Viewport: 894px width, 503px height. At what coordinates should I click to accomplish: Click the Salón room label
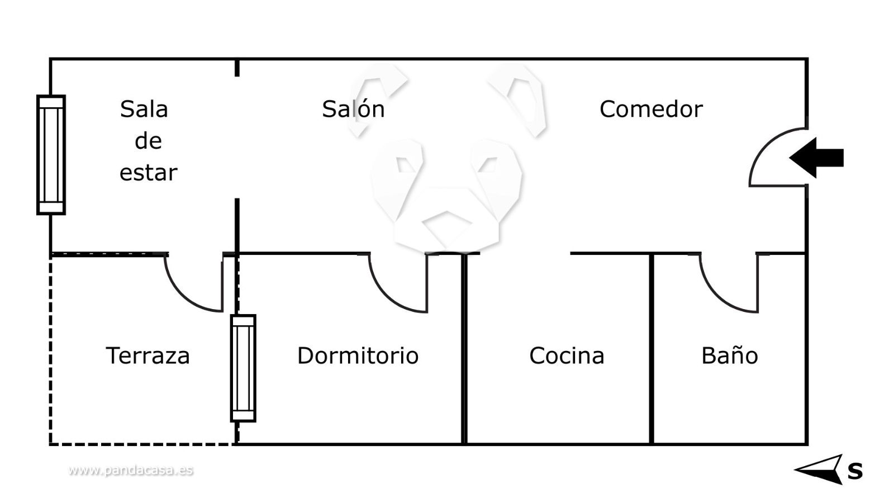point(353,109)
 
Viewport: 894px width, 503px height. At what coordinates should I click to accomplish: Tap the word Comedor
point(650,109)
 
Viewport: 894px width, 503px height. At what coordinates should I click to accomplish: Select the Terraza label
point(148,355)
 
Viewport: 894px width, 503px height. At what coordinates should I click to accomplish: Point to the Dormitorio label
point(358,355)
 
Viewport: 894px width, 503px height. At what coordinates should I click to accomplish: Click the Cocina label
point(567,355)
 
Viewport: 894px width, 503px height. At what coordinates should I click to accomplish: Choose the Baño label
point(729,355)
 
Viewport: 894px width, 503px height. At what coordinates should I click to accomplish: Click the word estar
point(148,173)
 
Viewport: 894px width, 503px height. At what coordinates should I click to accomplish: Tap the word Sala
point(144,109)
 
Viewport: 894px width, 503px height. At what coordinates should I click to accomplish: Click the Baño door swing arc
point(721,293)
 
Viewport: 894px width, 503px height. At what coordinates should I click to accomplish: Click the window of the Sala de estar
point(51,155)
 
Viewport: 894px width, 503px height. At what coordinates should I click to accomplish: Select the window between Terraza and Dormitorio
point(243,368)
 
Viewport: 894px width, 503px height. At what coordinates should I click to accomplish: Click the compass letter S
point(855,471)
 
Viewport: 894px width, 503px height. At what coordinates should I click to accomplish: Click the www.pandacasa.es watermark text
point(131,470)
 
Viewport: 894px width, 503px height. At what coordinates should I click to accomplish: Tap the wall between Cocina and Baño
point(652,349)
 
